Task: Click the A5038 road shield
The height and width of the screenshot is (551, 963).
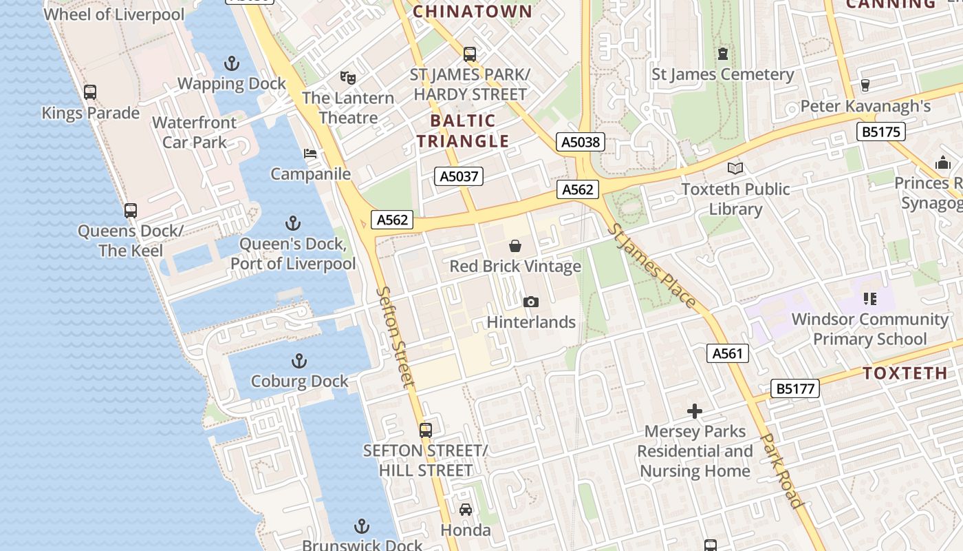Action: tap(581, 143)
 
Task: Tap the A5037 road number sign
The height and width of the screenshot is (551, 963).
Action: tap(459, 176)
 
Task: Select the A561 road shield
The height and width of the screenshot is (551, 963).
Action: tap(727, 354)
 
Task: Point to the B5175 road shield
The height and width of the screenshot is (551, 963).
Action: tap(880, 132)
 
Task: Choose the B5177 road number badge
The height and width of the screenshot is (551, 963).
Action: tap(795, 388)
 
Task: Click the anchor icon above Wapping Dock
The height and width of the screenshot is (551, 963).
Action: tap(232, 64)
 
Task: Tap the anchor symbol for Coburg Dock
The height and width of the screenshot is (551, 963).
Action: tap(299, 361)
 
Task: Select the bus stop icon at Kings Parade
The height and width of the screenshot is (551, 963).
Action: tap(90, 92)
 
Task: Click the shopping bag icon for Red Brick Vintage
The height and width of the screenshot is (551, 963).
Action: tap(515, 246)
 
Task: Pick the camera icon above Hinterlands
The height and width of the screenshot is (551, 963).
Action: tap(530, 302)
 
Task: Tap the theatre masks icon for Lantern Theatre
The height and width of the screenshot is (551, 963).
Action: tap(347, 77)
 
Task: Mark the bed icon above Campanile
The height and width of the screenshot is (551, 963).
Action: tap(310, 154)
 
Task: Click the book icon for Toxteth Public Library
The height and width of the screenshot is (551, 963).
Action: tap(735, 168)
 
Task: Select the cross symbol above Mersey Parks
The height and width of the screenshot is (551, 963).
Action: tap(695, 411)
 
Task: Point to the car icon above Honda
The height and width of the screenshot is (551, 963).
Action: tap(466, 510)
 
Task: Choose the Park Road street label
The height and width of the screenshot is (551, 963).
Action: tap(782, 471)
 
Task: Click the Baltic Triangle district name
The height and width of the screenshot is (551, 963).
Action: tap(463, 131)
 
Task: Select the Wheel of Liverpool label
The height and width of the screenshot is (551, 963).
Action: tap(114, 14)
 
